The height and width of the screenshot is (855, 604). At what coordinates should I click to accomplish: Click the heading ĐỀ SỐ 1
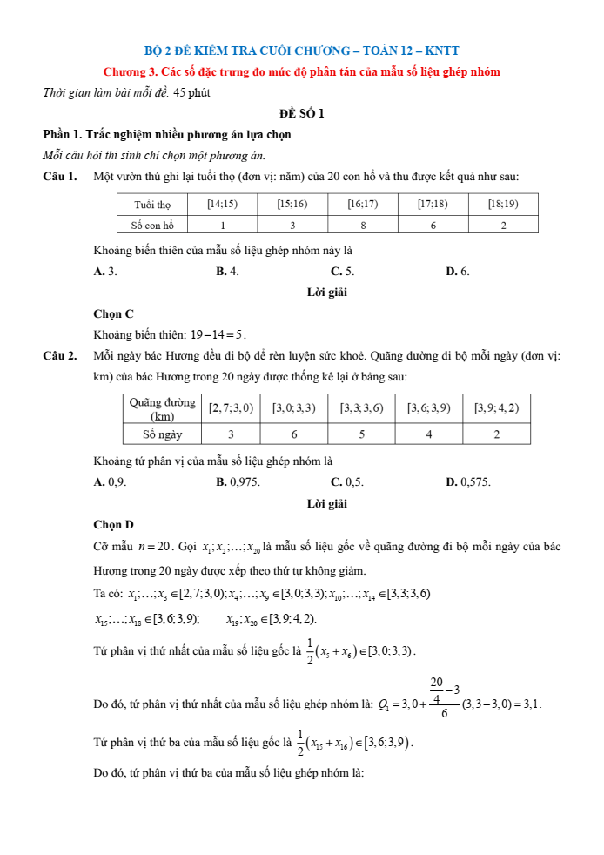302,113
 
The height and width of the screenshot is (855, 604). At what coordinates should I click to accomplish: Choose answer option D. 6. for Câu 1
458,272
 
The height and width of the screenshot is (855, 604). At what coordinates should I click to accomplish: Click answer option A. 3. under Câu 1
105,272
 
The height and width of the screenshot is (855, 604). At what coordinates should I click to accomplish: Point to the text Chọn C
113,313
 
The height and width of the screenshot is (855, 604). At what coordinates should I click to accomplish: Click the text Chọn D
113,524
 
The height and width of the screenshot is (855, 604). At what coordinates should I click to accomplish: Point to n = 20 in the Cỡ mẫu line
155,547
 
